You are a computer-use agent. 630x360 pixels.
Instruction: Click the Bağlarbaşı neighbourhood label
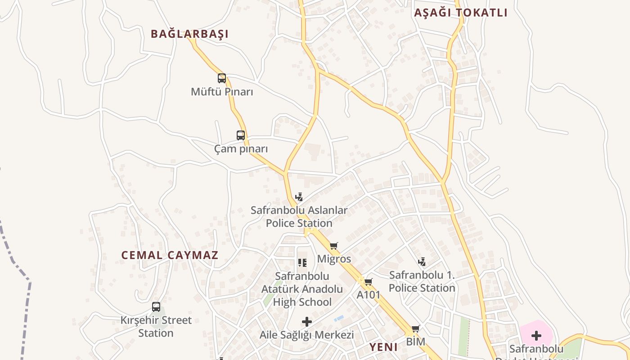point(189,34)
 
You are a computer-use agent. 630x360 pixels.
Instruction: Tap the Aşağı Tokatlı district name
point(460,13)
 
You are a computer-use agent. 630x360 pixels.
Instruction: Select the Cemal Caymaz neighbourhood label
point(170,255)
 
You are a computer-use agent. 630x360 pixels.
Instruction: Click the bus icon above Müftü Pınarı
point(222,78)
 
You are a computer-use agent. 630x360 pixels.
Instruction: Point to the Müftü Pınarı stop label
point(222,92)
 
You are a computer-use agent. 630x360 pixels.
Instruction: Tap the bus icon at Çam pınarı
point(241,135)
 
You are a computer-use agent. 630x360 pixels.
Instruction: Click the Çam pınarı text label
point(241,149)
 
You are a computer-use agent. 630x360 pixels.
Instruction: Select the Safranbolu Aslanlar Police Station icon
point(299,197)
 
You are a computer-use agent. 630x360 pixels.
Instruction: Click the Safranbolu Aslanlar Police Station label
point(299,216)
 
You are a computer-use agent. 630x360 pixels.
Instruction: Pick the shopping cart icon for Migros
point(333,246)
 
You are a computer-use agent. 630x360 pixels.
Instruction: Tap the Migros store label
point(334,259)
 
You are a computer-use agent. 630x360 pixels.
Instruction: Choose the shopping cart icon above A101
point(368,282)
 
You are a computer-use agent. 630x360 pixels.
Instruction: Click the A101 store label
point(369,295)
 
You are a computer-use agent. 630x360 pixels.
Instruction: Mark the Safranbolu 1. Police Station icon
point(422,261)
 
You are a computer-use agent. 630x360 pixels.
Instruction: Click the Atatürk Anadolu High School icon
point(302,262)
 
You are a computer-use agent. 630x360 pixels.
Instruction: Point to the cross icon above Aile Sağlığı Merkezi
point(307,322)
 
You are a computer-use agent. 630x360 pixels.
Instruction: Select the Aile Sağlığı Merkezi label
point(307,335)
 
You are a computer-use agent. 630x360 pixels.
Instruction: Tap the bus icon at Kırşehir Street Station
point(156,307)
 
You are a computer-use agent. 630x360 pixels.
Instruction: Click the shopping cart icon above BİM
point(415,328)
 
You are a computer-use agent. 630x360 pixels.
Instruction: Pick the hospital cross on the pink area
point(536,335)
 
